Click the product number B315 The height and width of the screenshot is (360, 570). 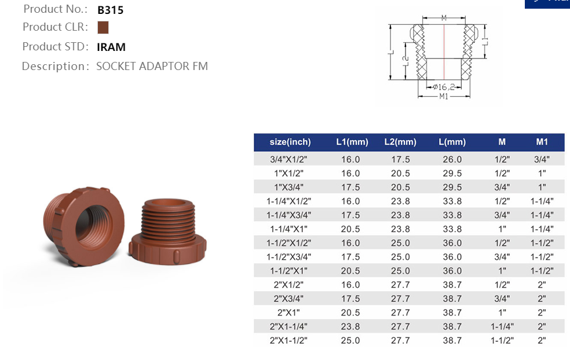[110, 10]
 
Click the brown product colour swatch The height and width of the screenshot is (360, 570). [103, 27]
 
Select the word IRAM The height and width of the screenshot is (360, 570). [111, 47]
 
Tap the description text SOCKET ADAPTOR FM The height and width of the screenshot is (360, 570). [152, 66]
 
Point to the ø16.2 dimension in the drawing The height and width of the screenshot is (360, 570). [444, 86]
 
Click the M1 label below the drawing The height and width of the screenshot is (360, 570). [444, 97]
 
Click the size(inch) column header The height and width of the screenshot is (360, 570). [290, 142]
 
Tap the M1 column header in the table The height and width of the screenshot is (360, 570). [542, 142]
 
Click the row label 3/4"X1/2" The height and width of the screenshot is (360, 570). [290, 159]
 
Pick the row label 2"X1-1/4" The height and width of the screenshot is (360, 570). [290, 326]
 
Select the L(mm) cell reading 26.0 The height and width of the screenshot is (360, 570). [452, 159]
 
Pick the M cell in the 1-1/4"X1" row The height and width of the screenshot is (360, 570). [502, 229]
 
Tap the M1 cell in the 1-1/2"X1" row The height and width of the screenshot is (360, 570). [542, 270]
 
